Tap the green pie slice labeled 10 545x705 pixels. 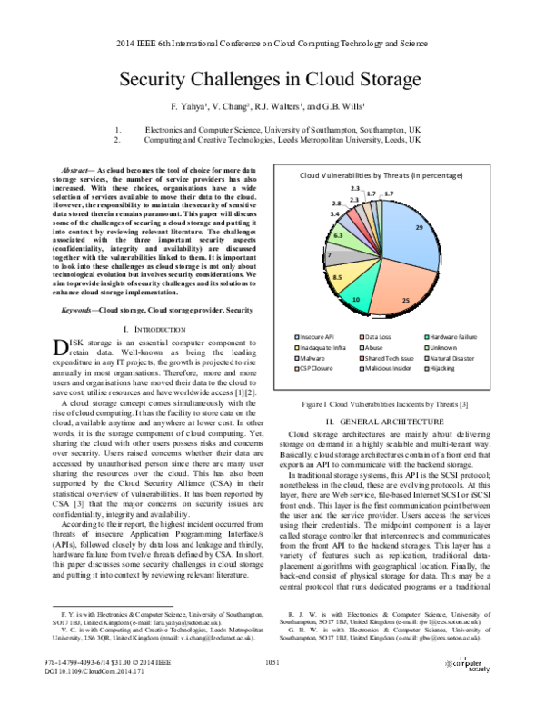tap(357, 294)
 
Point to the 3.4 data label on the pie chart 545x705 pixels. tap(335, 214)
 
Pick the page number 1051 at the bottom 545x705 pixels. tap(272, 666)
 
